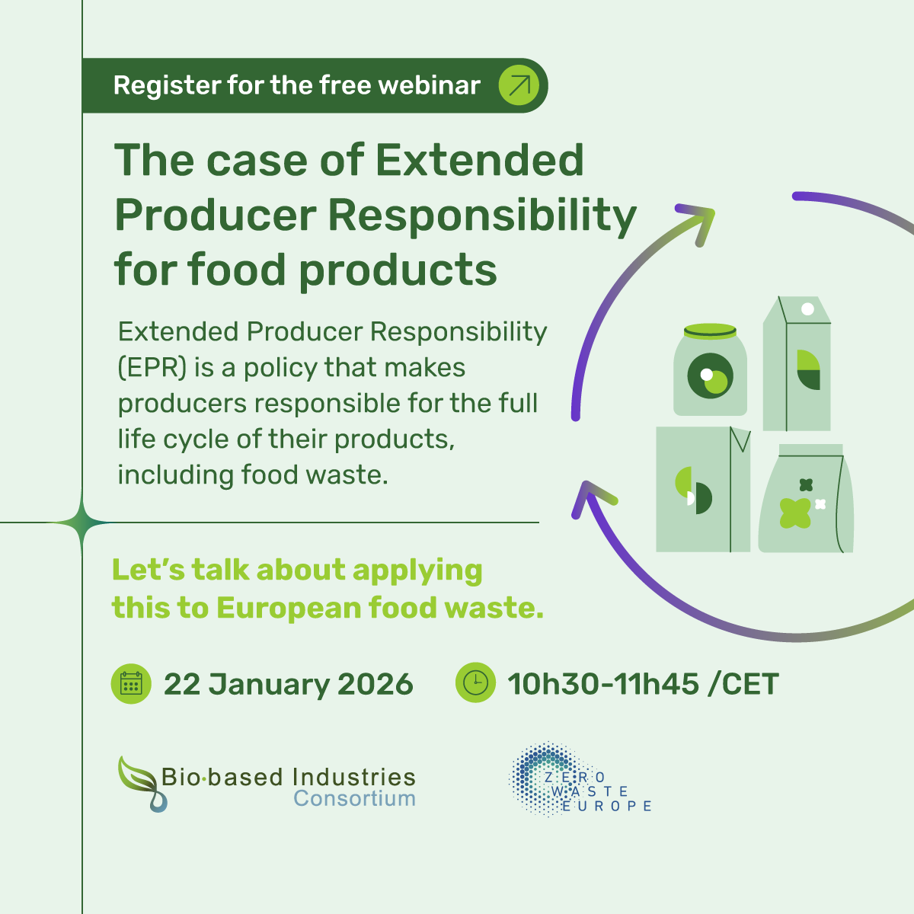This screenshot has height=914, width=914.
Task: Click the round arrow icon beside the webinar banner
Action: click(519, 85)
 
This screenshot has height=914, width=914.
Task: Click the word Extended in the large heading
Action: click(480, 161)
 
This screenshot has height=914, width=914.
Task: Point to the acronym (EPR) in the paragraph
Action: click(152, 368)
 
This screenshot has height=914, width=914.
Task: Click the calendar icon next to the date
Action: click(131, 683)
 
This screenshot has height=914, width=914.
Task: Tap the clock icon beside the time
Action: click(475, 682)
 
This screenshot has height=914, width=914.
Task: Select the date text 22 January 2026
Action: click(288, 684)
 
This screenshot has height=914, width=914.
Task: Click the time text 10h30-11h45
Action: click(602, 684)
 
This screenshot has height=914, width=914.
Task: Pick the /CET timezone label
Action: click(743, 684)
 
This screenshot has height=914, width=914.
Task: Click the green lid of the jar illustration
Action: click(710, 331)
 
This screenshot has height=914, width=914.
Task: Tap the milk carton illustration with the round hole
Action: click(797, 364)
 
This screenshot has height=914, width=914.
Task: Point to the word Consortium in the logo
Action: click(354, 799)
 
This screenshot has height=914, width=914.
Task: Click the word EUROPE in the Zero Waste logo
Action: click(607, 806)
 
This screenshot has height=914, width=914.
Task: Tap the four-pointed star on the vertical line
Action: click(82, 523)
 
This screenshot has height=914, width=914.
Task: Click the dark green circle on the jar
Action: click(710, 376)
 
